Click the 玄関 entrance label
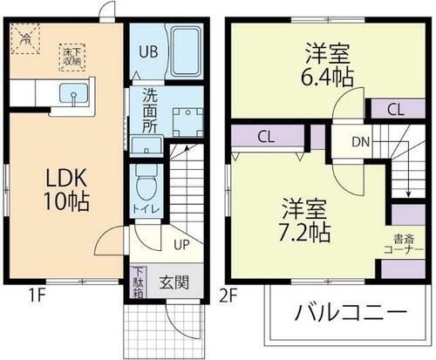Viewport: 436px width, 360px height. click(x=172, y=282)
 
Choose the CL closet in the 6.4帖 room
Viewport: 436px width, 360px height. click(x=394, y=110)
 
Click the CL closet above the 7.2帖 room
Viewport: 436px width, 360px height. click(x=268, y=138)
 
